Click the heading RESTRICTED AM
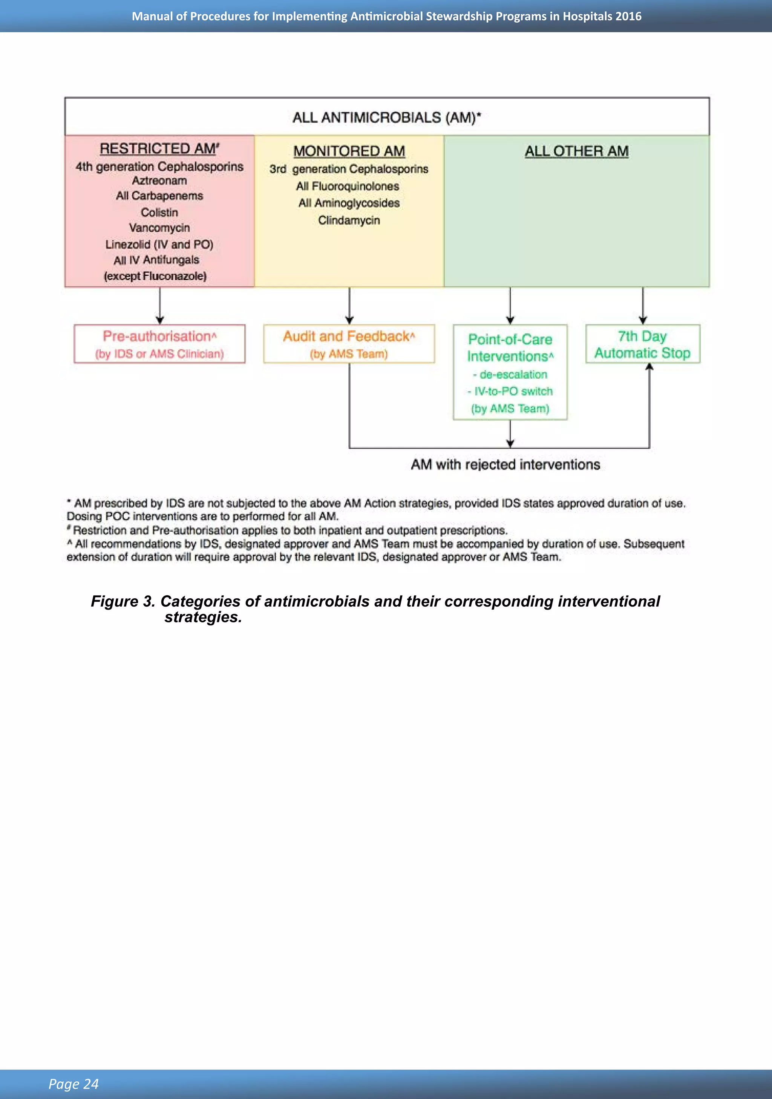tap(159, 149)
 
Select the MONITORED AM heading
tap(349, 151)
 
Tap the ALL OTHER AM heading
tap(577, 151)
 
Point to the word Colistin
tap(159, 212)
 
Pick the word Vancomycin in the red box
tap(159, 228)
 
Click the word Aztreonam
tap(159, 180)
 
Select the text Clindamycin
tap(349, 220)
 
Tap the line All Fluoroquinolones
tap(347, 186)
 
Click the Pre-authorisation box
tap(159, 344)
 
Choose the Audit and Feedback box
tap(349, 344)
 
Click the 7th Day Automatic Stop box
tap(642, 344)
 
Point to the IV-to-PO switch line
tap(510, 391)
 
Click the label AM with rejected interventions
tap(505, 464)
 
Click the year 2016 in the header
tap(628, 16)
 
